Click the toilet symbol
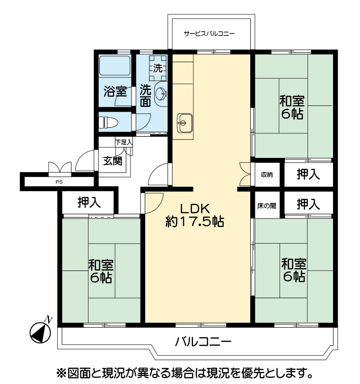coord(108,122)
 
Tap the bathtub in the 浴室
coord(114,66)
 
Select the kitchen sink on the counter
coord(184,123)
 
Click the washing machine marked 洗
coord(158,68)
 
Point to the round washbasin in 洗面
coord(161,94)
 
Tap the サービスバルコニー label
coord(209,33)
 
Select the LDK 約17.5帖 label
coord(195,215)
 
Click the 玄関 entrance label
coord(113,161)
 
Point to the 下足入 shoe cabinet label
coord(124,142)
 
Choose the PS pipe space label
coord(59,182)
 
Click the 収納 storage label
coord(267,175)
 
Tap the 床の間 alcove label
coord(267,206)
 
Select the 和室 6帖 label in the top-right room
coord(292,107)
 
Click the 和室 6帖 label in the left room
coord(101,271)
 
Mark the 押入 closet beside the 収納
coord(308,175)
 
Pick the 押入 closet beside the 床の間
coord(308,204)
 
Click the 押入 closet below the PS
coord(89,202)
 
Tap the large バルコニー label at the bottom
coord(203,341)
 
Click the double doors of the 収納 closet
coord(245,174)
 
